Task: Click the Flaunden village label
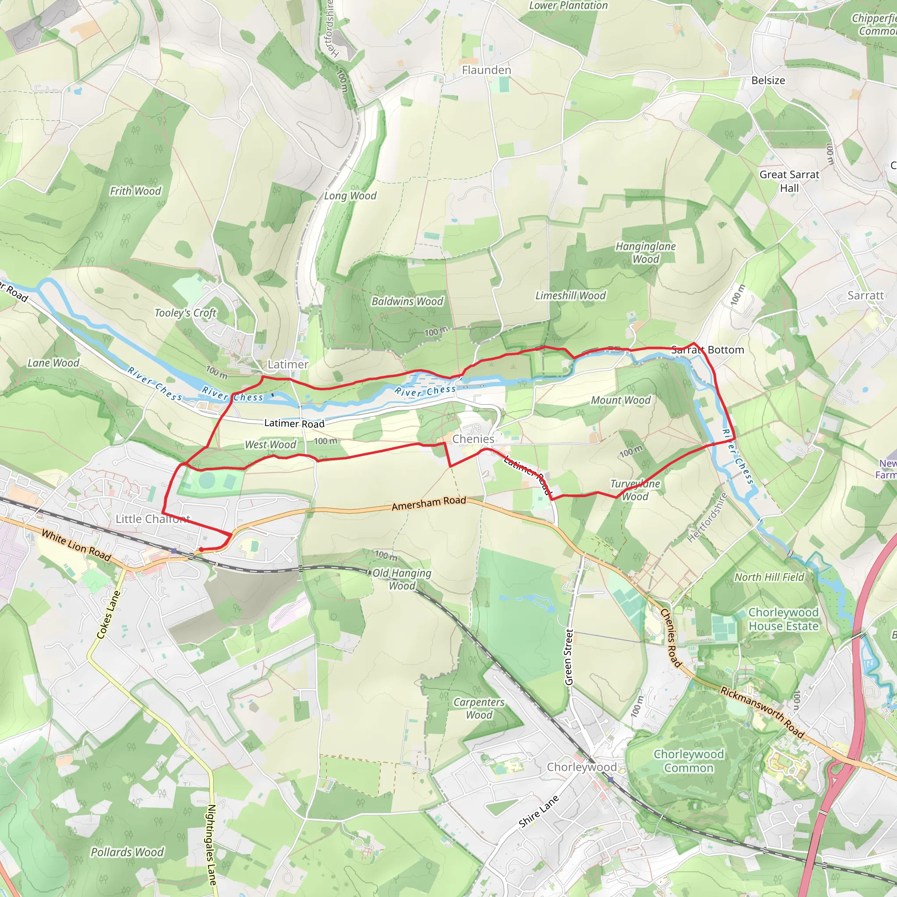click(486, 70)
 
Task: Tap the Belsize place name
click(768, 80)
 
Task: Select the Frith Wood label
click(135, 191)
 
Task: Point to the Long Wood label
click(350, 195)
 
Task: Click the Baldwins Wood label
click(407, 301)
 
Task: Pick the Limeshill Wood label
click(570, 295)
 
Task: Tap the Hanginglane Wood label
click(645, 253)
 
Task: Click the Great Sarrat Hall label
click(789, 181)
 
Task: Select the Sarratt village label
click(865, 295)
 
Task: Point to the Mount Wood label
click(620, 400)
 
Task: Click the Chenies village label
click(473, 439)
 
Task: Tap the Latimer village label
click(288, 364)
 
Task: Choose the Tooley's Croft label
click(185, 313)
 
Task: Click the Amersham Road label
click(428, 503)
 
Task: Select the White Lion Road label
click(76, 546)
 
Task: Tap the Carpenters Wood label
click(479, 709)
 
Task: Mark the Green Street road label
click(569, 657)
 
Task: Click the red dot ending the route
click(201, 550)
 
